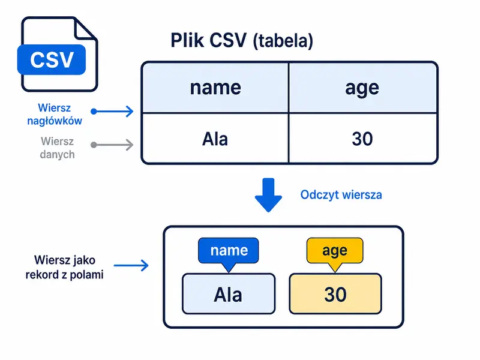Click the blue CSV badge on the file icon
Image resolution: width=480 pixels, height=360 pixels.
(52, 59)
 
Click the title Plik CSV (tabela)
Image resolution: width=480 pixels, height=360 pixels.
(242, 40)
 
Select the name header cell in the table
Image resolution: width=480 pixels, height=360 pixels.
(215, 88)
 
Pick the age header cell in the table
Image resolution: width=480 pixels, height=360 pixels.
(362, 88)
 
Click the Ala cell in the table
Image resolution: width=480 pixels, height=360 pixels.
(215, 139)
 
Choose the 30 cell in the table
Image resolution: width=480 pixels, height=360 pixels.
(362, 139)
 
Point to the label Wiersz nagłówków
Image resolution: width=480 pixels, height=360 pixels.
(55, 114)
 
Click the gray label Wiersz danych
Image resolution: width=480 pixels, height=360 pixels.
(57, 148)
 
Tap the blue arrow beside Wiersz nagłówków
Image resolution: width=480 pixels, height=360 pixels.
(112, 111)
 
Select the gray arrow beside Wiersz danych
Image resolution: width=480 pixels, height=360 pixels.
(112, 145)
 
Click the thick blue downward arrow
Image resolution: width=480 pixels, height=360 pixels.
(268, 195)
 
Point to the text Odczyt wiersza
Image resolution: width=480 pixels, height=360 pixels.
(341, 194)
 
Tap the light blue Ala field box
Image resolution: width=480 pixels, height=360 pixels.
(229, 294)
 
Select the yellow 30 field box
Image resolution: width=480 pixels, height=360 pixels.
(335, 294)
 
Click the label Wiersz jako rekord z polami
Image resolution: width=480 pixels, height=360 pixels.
(65, 267)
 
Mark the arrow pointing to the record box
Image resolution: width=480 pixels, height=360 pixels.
(131, 265)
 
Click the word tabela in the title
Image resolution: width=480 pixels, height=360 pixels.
(283, 41)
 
